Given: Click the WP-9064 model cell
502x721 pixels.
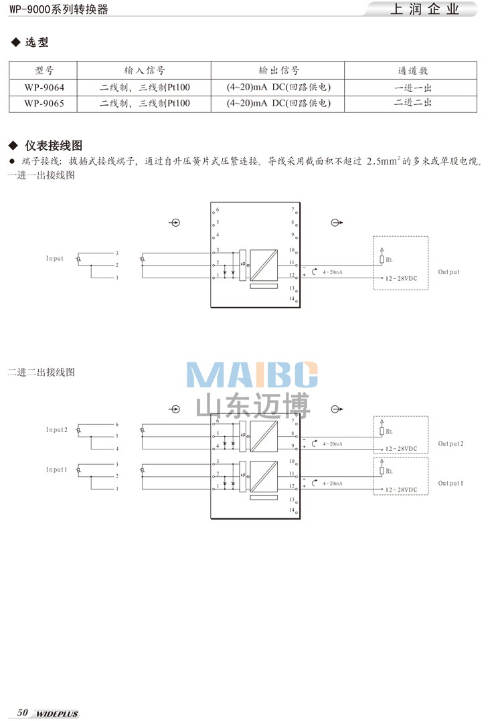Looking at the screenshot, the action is coord(44,87).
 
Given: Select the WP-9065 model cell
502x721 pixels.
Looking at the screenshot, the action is coord(44,103).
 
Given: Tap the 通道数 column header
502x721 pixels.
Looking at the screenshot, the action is coord(412,70).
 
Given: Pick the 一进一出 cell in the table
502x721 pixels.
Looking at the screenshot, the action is coord(412,87).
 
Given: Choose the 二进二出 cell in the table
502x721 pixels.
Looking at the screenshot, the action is coord(412,103).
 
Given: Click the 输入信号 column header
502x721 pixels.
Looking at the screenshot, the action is coord(144,70).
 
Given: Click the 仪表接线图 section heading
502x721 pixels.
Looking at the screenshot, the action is coord(53,146).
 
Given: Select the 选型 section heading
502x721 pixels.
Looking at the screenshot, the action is coord(37,43).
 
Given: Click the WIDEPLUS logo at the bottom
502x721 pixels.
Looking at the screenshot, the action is coord(57,714).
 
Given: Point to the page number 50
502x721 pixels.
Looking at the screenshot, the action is coord(22,713).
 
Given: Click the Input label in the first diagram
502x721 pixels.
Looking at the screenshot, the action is coord(55,259).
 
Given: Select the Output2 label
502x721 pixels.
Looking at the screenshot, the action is coord(450,444).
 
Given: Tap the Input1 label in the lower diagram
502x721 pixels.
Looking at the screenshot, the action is coord(57,470).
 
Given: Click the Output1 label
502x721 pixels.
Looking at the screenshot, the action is coord(450,483).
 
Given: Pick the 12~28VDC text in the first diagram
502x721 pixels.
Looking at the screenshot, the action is coord(400,278).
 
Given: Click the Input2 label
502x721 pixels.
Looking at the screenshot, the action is coord(57,430).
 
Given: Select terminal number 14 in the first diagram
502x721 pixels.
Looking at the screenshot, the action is coord(292,298).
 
